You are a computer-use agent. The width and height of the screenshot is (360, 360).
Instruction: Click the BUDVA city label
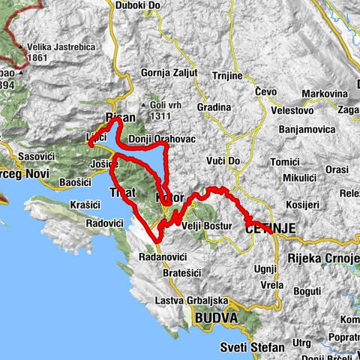point(216,319)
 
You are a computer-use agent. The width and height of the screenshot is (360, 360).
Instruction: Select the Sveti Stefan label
point(252,347)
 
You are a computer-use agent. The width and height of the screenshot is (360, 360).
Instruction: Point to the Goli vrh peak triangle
point(143,105)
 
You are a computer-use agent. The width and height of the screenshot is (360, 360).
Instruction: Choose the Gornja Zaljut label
point(169,73)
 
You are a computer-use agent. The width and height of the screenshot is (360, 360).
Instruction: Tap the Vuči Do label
point(223,161)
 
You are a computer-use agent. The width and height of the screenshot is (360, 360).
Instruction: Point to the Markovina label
point(323,93)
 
